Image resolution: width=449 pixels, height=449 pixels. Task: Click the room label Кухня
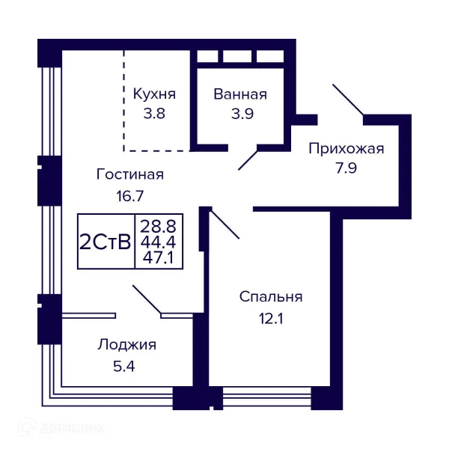(154, 94)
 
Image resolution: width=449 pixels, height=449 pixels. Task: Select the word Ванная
(239, 94)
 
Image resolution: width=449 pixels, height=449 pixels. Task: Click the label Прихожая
(346, 148)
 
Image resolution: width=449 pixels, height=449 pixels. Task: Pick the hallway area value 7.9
(346, 168)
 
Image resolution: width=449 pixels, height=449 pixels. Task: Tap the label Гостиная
(129, 174)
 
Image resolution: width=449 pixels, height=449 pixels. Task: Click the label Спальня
(270, 297)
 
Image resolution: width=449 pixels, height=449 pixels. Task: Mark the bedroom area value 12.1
(270, 318)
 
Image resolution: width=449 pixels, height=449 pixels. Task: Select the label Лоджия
(126, 345)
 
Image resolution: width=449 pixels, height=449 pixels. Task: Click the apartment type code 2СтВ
(106, 242)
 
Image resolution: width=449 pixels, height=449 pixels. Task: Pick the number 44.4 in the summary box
(158, 241)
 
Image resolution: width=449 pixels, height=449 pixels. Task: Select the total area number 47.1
(158, 258)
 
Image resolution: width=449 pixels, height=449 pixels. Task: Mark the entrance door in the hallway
(348, 102)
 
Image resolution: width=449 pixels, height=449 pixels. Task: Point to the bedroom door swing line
(224, 224)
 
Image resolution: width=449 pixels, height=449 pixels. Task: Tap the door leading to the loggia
(147, 299)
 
